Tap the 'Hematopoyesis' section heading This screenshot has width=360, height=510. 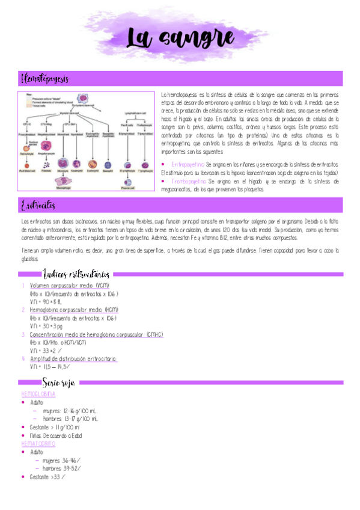click(x=45, y=79)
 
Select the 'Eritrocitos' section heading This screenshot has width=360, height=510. click(x=38, y=206)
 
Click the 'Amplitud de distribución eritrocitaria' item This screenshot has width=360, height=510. click(x=73, y=358)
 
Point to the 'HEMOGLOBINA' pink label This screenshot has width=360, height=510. click(x=38, y=394)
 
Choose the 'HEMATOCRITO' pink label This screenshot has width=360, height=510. click(x=38, y=443)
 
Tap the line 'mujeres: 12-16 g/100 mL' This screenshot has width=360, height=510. click(x=70, y=411)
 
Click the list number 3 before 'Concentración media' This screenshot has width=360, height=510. click(x=23, y=334)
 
